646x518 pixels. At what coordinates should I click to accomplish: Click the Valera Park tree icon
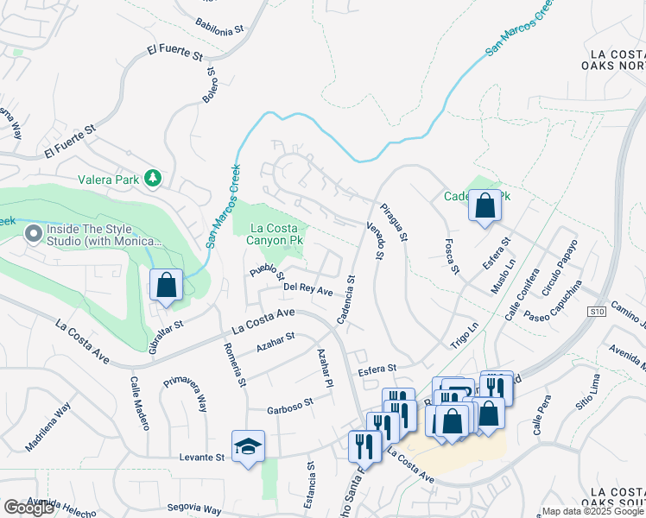tap(153, 177)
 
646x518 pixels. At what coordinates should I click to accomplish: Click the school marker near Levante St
tap(248, 447)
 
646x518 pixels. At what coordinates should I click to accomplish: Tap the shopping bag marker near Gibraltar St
tap(166, 285)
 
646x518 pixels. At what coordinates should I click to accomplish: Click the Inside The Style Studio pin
tap(34, 234)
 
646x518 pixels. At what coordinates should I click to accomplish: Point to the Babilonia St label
tap(219, 26)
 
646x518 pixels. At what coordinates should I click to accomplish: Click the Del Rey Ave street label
tap(308, 290)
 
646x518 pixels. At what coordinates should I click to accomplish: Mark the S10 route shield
tap(596, 311)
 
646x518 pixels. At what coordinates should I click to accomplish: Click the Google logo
tap(28, 508)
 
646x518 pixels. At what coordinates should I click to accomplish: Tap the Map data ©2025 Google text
tap(592, 511)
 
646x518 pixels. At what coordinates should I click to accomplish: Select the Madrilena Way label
tap(48, 432)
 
